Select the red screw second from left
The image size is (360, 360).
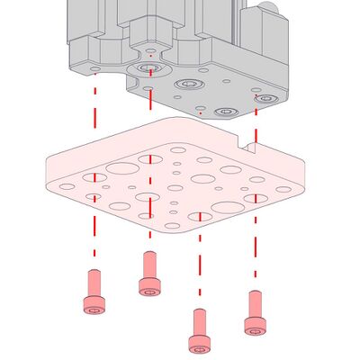click(x=149, y=274)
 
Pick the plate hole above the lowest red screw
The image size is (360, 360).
click(x=200, y=216)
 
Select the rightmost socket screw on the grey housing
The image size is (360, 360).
click(x=266, y=98)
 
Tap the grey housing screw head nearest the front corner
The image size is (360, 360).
click(x=225, y=112)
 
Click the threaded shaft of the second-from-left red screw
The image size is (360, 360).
click(x=149, y=265)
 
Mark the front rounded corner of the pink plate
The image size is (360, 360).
click(x=180, y=229)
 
